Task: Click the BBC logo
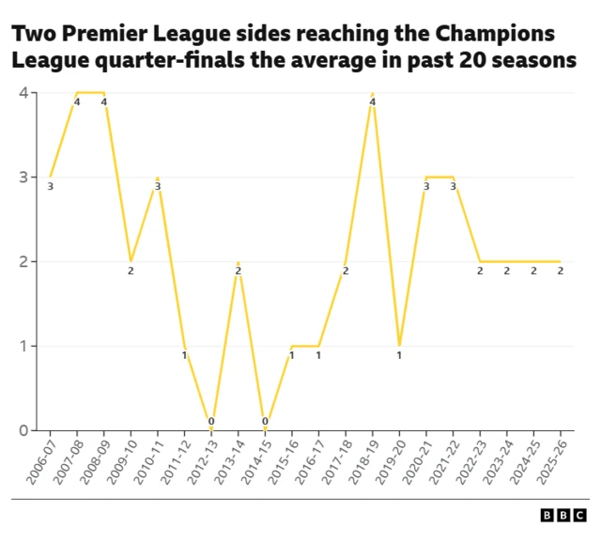pyautogui.click(x=562, y=516)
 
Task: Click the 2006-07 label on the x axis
pyautogui.click(x=41, y=460)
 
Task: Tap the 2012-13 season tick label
pyautogui.click(x=203, y=460)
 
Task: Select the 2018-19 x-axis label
pyautogui.click(x=364, y=460)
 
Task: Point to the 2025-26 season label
pyautogui.click(x=552, y=460)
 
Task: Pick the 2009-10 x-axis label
pyautogui.click(x=122, y=460)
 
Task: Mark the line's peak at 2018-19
pyautogui.click(x=373, y=93)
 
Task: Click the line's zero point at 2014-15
pyautogui.click(x=265, y=430)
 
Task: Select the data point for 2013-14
pyautogui.click(x=239, y=261)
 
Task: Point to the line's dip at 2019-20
pyautogui.click(x=399, y=346)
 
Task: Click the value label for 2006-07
pyautogui.click(x=50, y=187)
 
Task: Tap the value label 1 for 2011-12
pyautogui.click(x=184, y=355)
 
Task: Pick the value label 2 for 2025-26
pyautogui.click(x=561, y=271)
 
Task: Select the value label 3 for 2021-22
pyautogui.click(x=453, y=187)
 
